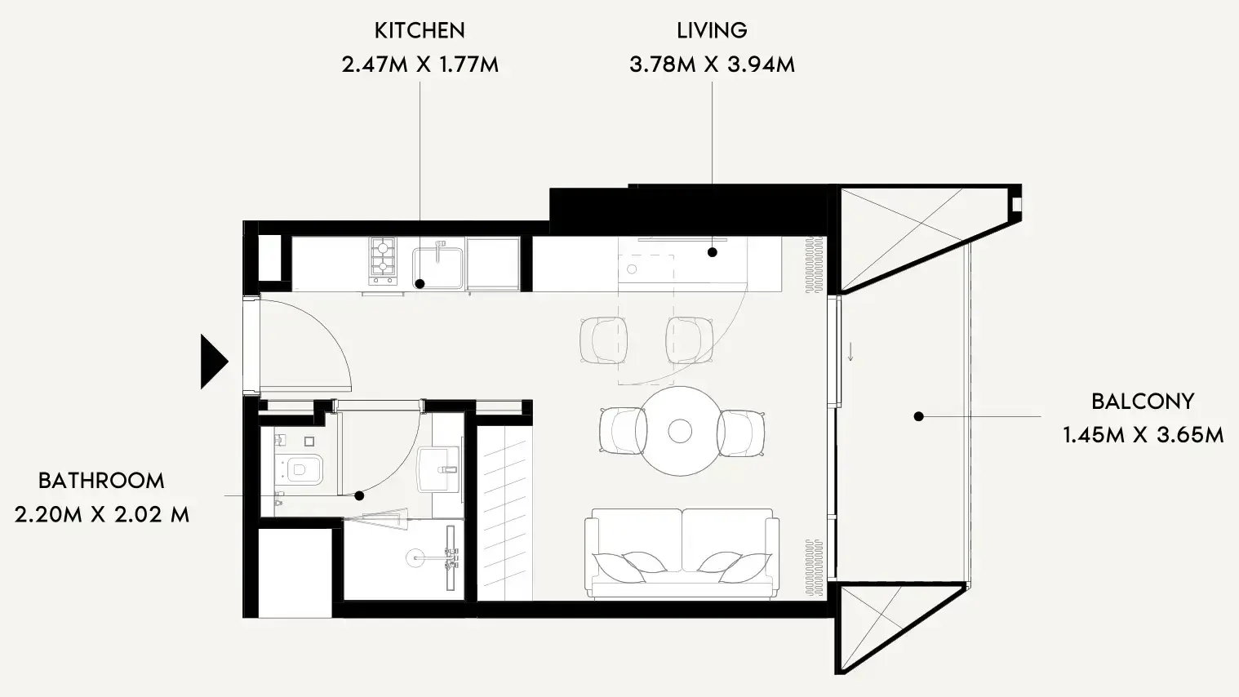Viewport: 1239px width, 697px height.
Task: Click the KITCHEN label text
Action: (x=420, y=31)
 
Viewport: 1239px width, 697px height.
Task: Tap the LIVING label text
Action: (x=712, y=31)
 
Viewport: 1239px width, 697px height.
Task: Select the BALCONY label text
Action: (x=1143, y=402)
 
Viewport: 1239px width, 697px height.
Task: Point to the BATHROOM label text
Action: (x=101, y=481)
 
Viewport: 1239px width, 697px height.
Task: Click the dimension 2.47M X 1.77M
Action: (x=420, y=64)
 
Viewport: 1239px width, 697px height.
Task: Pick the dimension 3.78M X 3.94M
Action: (x=712, y=64)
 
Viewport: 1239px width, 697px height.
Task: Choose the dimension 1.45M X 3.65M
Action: (x=1143, y=435)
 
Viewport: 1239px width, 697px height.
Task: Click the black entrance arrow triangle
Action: (x=214, y=362)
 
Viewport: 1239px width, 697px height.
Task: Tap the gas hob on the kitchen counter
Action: (x=384, y=261)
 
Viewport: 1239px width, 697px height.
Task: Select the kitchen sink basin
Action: (x=437, y=269)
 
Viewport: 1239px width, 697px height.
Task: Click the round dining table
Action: (x=680, y=431)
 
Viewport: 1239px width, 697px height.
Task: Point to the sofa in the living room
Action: (x=682, y=553)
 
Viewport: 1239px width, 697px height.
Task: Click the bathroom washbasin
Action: (x=439, y=469)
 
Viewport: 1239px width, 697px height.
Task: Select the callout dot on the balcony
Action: (x=919, y=416)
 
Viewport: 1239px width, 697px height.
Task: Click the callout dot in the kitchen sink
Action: (x=420, y=284)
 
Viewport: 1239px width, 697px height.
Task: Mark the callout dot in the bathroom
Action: (x=359, y=495)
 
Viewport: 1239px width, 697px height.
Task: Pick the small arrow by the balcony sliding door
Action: (x=850, y=352)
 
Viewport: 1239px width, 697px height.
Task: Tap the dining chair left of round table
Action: (x=623, y=431)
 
